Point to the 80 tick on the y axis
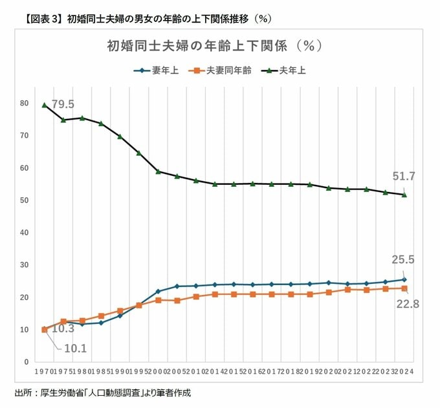click(x=24, y=103)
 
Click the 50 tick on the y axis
click(x=24, y=200)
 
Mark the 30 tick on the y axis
click(x=24, y=265)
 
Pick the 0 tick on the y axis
click(x=27, y=362)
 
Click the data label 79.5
click(x=63, y=104)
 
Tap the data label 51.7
click(x=403, y=176)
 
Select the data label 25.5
click(x=403, y=259)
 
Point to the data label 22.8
click(x=408, y=303)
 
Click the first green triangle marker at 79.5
click(x=45, y=105)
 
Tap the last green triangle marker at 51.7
click(x=404, y=195)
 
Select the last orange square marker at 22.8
click(x=404, y=288)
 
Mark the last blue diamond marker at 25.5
click(x=404, y=280)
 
